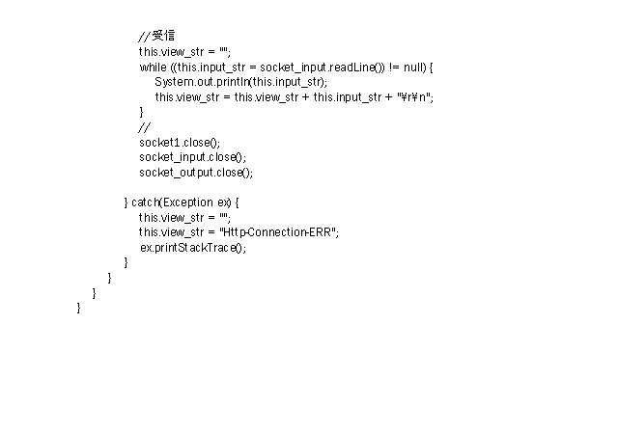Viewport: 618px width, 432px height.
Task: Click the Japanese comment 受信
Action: pyautogui.click(x=163, y=36)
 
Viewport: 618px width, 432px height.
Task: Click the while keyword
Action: pyautogui.click(x=153, y=67)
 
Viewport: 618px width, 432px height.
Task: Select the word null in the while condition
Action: pyautogui.click(x=413, y=67)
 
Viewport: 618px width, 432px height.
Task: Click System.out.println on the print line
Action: pyautogui.click(x=202, y=82)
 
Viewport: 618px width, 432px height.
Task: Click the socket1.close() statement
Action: pyautogui.click(x=180, y=143)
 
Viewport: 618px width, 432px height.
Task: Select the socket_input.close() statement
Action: pyautogui.click(x=193, y=158)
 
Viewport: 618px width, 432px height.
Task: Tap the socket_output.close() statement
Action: pyautogui.click(x=196, y=173)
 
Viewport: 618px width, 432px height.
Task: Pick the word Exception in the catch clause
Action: pyautogui.click(x=188, y=202)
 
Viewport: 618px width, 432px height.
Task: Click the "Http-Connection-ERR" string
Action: pyautogui.click(x=277, y=232)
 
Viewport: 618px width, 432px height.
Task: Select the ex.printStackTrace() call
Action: pyautogui.click(x=193, y=248)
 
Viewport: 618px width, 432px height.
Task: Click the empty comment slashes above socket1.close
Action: pyautogui.click(x=144, y=128)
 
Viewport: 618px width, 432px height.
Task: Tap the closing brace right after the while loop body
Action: pyautogui.click(x=142, y=112)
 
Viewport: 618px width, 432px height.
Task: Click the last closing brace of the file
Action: pyautogui.click(x=79, y=308)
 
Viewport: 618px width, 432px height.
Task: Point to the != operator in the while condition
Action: pyautogui.click(x=394, y=67)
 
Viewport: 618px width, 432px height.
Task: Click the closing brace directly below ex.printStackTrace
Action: pyautogui.click(x=126, y=262)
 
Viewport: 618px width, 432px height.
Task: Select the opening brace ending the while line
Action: pyautogui.click(x=431, y=67)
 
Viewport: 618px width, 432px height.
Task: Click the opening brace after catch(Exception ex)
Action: pyautogui.click(x=237, y=202)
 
